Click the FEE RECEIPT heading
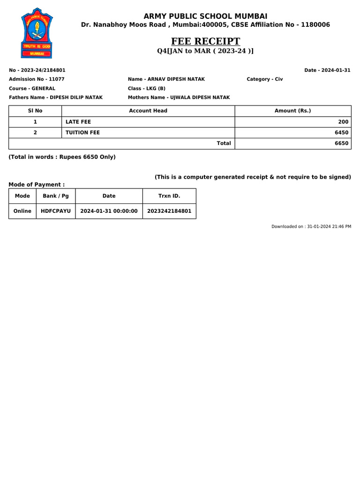click(205, 41)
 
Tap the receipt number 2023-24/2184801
click(37, 70)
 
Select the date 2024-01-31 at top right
click(327, 70)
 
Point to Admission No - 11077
click(37, 79)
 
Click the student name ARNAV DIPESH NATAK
click(166, 79)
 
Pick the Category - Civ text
click(264, 79)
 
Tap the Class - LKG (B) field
click(146, 88)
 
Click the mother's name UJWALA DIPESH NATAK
click(179, 97)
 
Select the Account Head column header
click(148, 111)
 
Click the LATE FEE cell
click(78, 122)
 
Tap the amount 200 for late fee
click(344, 122)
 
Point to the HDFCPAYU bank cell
click(56, 211)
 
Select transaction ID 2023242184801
click(169, 211)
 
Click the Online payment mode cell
click(22, 211)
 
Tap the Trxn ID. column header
click(169, 196)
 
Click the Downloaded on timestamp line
click(311, 226)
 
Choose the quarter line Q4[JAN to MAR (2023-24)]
click(205, 51)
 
